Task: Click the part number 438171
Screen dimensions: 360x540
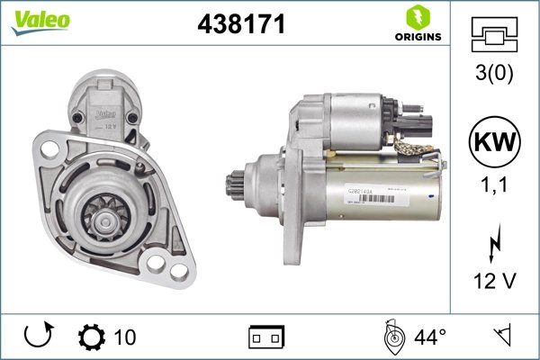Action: pos(241,25)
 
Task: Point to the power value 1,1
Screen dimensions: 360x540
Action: pos(494,188)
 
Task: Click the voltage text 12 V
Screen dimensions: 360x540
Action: pos(494,282)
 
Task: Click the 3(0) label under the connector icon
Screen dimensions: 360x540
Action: pos(494,73)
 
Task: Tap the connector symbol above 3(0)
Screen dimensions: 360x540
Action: pos(494,36)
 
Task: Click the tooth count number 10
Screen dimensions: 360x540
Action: pos(125,337)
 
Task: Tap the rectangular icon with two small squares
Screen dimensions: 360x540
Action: pos(265,337)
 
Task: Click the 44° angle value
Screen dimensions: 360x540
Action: pos(429,337)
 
